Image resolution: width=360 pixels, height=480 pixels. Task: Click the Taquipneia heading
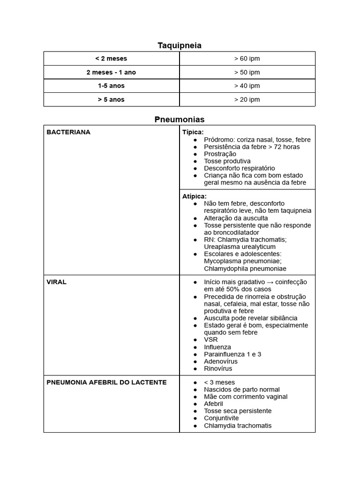[x=180, y=45]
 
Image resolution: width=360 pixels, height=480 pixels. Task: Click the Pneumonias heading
[x=180, y=120]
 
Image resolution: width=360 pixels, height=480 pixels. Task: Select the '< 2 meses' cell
[x=111, y=59]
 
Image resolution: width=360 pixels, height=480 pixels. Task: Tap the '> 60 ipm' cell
[x=247, y=59]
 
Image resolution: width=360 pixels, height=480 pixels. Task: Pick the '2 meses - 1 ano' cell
[x=111, y=72]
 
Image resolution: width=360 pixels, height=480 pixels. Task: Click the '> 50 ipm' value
[x=247, y=72]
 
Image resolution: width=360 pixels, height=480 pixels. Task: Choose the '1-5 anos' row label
[x=111, y=86]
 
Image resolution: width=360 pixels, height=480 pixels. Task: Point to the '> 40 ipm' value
[x=247, y=86]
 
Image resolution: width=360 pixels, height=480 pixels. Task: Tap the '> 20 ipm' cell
[x=247, y=99]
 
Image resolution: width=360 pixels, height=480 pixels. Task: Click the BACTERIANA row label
[x=68, y=132]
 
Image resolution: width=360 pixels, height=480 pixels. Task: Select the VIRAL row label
[x=56, y=282]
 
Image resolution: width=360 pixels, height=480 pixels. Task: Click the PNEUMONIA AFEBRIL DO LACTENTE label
[x=106, y=382]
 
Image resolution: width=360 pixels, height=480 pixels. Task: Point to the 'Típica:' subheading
[x=193, y=132]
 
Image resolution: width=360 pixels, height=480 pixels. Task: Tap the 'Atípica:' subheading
[x=195, y=196]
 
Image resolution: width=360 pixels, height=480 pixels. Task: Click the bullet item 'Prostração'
[x=220, y=154]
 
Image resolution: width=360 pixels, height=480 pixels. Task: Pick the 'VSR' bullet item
[x=211, y=339]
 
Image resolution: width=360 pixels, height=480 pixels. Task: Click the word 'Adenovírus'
[x=221, y=361]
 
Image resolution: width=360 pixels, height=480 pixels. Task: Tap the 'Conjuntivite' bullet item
[x=221, y=418]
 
